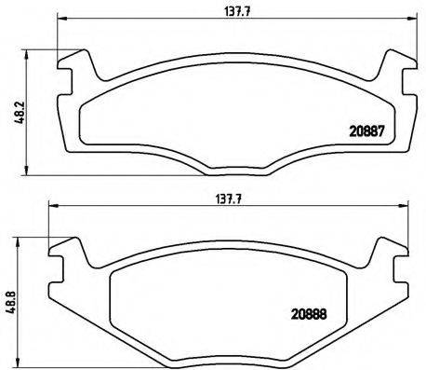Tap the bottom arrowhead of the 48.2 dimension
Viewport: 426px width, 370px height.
coord(21,170)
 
